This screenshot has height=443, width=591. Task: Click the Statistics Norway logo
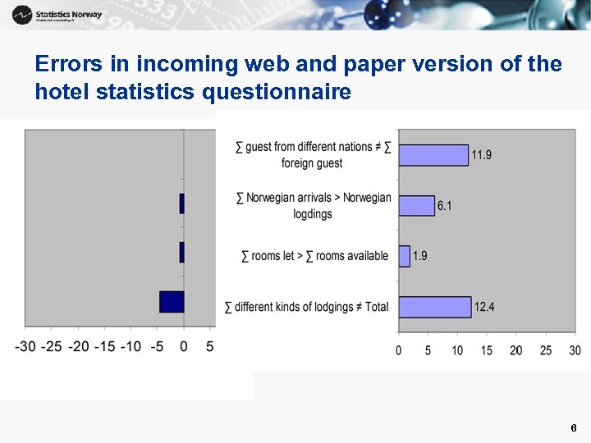pos(57,15)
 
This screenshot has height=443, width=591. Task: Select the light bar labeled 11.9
pos(433,155)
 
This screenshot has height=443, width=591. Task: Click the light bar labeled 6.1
pos(416,205)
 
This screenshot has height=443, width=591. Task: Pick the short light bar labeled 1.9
pos(404,256)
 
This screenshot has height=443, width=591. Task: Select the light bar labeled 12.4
pos(434,307)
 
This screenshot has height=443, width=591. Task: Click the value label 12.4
pos(484,307)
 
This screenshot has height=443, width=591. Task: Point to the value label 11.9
pos(482,155)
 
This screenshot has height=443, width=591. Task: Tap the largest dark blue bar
pos(172,301)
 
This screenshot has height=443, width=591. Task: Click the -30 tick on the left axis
pos(25,347)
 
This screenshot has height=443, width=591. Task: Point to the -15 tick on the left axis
pos(105,347)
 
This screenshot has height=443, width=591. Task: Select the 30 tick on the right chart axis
pos(575,350)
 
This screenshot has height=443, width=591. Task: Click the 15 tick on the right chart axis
pos(487,350)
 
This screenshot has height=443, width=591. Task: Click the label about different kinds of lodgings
pos(307,307)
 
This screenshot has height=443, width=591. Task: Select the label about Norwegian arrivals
pos(313,205)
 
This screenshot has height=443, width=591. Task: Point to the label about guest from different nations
pos(313,155)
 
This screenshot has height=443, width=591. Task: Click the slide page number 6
pos(573,428)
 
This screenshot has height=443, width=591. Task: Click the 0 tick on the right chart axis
pos(399,350)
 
